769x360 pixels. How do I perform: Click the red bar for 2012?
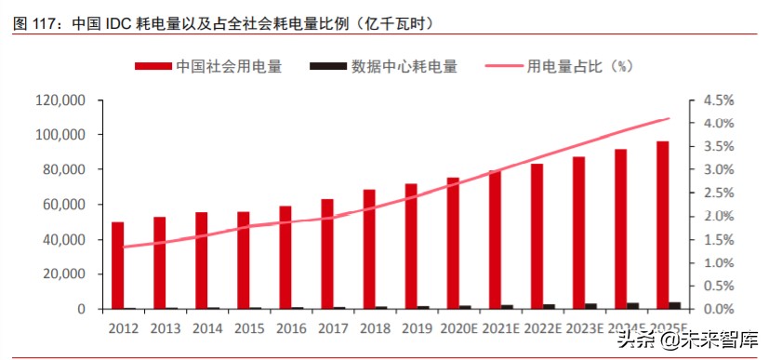point(117,265)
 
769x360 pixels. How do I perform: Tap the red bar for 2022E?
point(537,236)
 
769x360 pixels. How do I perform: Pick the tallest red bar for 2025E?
point(663,225)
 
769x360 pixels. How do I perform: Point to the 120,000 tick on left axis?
point(60,100)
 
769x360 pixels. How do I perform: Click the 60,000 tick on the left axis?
point(64,205)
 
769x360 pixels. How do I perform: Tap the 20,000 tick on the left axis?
point(64,274)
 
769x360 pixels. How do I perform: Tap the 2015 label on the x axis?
point(249,328)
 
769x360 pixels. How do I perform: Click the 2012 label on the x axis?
point(123,328)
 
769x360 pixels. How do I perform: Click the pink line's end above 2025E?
point(668,119)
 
